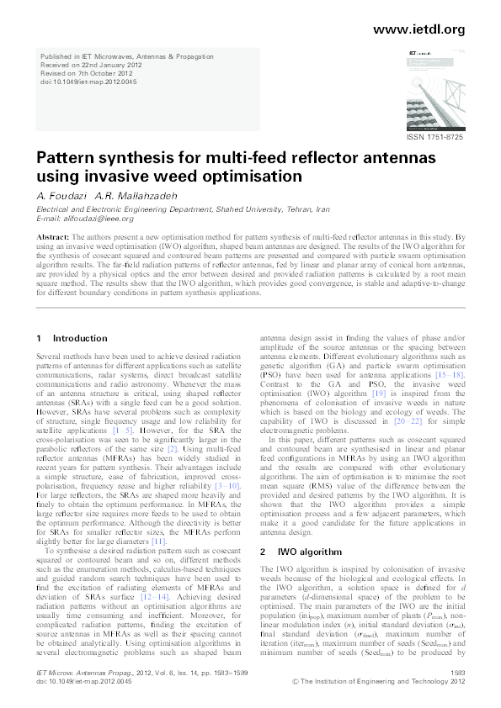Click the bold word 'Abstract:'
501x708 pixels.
(x=54, y=239)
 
